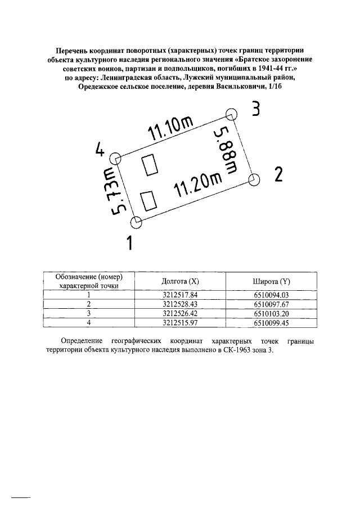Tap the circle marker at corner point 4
[x=115, y=158]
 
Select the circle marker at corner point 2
[x=254, y=179]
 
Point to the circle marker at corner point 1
[x=137, y=222]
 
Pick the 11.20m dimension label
[x=199, y=184]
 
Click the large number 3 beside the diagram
[x=256, y=109]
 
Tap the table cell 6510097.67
[x=271, y=304]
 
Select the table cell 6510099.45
[x=271, y=322]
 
